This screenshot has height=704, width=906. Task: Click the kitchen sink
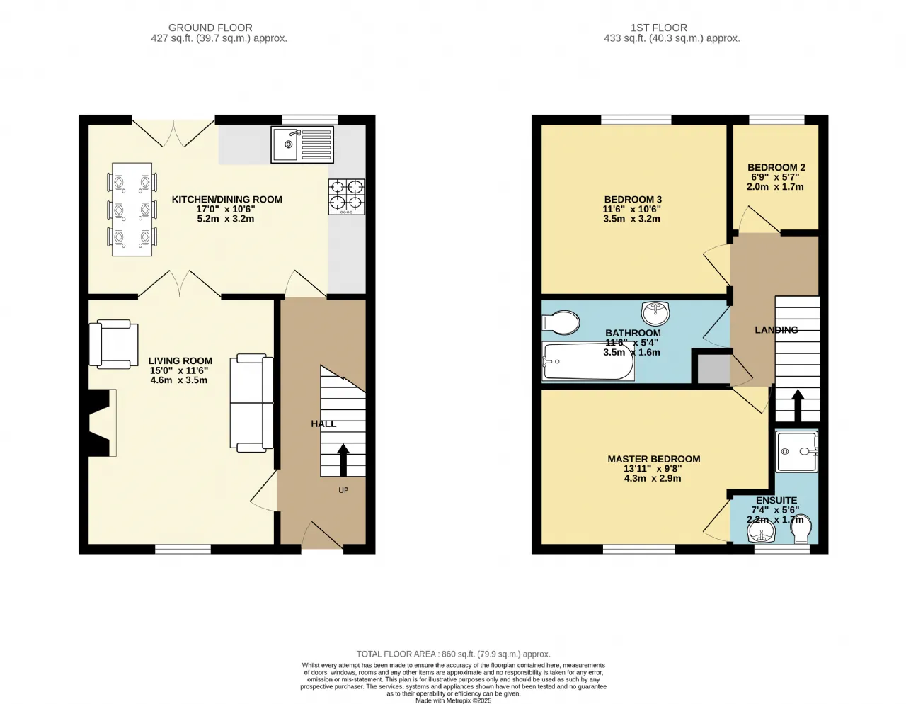[302, 144]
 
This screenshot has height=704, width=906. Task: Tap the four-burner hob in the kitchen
[346, 197]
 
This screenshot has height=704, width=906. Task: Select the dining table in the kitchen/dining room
[132, 210]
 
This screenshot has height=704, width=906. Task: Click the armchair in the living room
[113, 344]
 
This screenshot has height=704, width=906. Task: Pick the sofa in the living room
[251, 403]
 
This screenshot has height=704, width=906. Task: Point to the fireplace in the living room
[100, 423]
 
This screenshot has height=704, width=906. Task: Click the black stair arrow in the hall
[343, 460]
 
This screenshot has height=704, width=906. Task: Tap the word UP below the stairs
[343, 491]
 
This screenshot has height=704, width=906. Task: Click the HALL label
[323, 424]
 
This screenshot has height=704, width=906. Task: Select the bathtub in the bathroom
[588, 361]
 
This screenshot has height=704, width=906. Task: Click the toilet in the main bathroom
[561, 322]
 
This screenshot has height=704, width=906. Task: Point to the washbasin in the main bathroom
[655, 313]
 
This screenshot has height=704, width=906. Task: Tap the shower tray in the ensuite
[796, 452]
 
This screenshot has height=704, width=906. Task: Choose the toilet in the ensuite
[801, 529]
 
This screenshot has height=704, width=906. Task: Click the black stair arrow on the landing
[798, 405]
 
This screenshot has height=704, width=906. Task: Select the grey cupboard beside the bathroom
[713, 369]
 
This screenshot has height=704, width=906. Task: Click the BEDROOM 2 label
[776, 168]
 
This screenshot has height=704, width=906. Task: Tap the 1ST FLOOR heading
[659, 28]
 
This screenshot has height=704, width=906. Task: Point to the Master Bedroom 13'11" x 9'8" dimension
[653, 469]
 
